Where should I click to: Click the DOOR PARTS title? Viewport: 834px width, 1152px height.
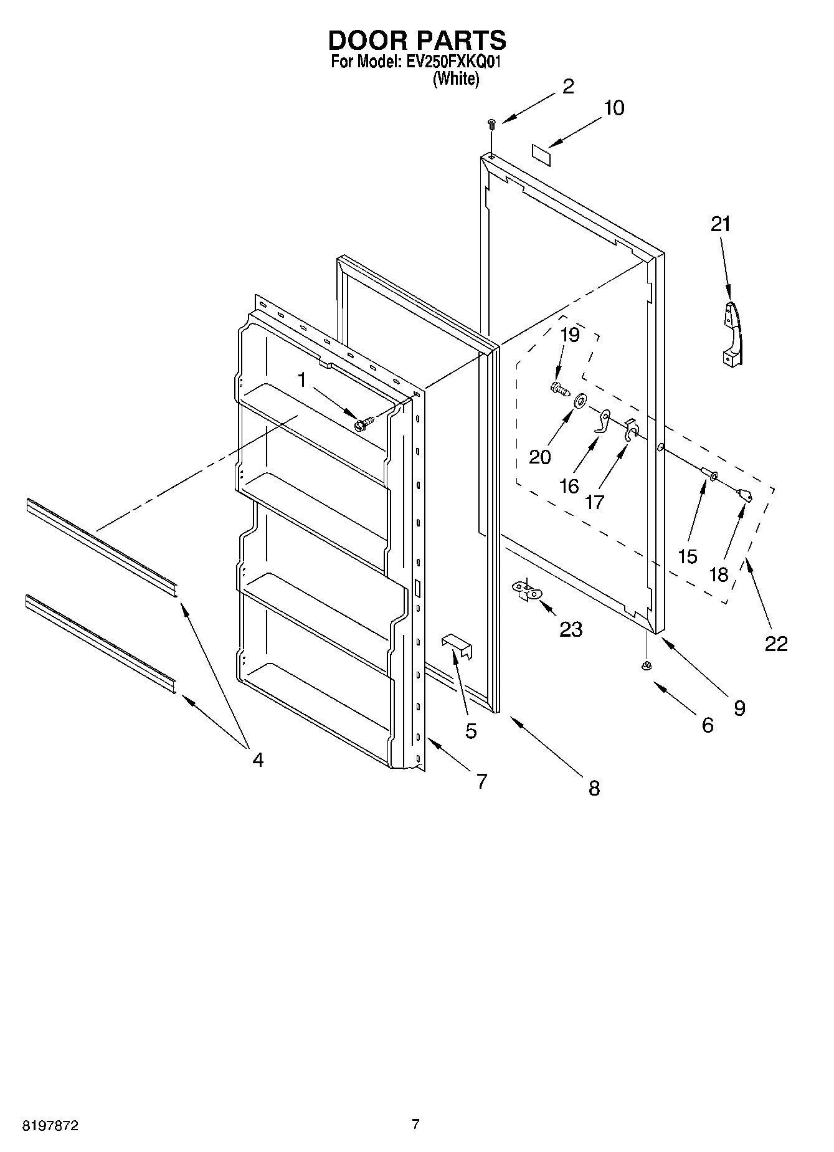click(x=417, y=40)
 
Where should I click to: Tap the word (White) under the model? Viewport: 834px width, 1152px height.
click(x=456, y=79)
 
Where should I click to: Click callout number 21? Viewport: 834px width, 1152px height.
click(x=721, y=224)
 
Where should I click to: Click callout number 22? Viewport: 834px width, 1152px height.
click(x=776, y=643)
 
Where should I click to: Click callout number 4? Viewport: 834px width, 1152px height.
click(x=257, y=759)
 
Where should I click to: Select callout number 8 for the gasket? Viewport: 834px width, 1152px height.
click(x=594, y=788)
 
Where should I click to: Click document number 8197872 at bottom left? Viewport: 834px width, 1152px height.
click(x=50, y=1126)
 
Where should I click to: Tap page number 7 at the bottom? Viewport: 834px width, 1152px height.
click(x=415, y=1124)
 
